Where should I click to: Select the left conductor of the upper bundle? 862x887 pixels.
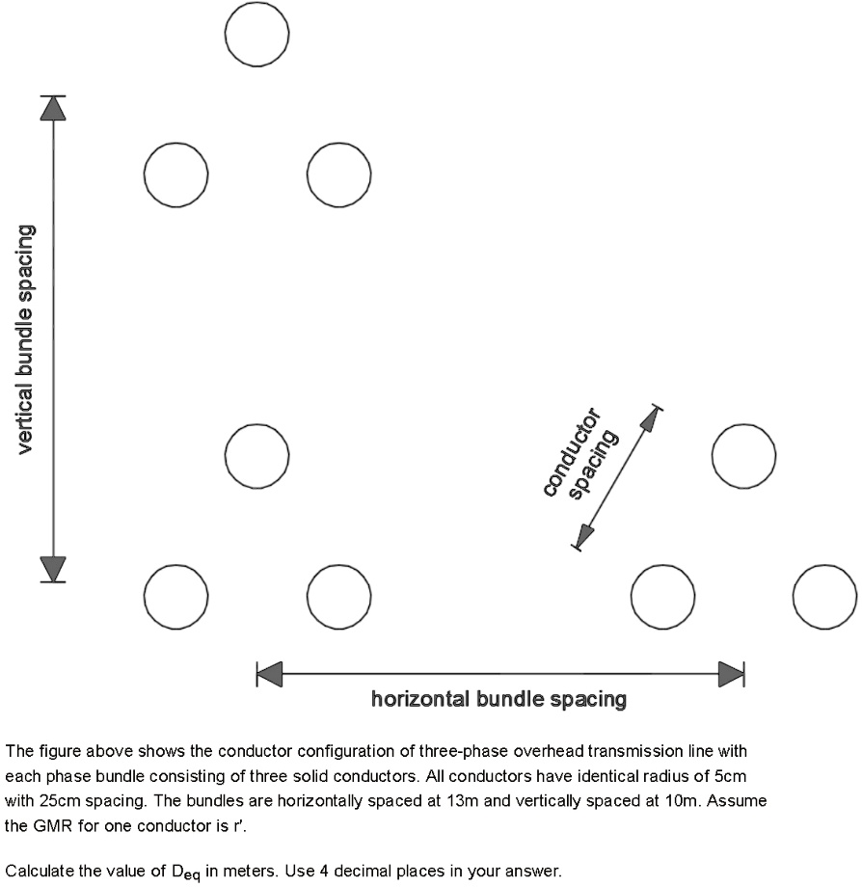click(175, 174)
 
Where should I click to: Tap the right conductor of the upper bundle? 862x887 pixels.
click(338, 174)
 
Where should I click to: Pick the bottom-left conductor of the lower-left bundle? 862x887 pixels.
click(175, 596)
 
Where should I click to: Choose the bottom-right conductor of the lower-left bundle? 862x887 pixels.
click(338, 596)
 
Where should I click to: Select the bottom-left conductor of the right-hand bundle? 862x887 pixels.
click(662, 596)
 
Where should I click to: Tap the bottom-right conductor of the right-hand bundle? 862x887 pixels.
click(824, 596)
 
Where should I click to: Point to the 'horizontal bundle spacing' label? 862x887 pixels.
click(498, 699)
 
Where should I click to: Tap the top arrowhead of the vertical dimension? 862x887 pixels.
click(53, 107)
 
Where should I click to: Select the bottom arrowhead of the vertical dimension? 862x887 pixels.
click(53, 570)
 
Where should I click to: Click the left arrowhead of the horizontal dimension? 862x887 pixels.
click(269, 674)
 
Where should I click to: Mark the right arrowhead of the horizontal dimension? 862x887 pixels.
click(731, 674)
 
